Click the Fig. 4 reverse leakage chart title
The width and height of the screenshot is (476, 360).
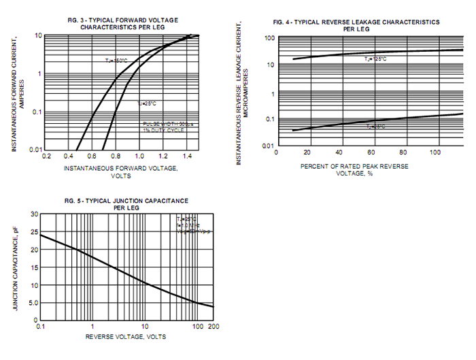[x=356, y=25]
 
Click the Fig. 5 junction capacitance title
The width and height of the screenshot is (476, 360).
[x=126, y=203]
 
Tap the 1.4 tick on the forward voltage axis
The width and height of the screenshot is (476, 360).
[x=185, y=157]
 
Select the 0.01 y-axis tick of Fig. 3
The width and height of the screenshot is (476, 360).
[x=37, y=150]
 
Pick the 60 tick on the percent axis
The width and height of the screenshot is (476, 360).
[x=371, y=152]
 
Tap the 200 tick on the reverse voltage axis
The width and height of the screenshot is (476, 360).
[x=212, y=327]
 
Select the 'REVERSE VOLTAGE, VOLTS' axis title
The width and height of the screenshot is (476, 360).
[x=125, y=336]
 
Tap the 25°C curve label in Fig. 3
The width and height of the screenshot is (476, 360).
[x=147, y=103]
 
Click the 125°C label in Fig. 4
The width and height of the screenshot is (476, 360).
[x=375, y=59]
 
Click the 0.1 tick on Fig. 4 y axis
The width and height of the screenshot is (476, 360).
[x=268, y=119]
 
